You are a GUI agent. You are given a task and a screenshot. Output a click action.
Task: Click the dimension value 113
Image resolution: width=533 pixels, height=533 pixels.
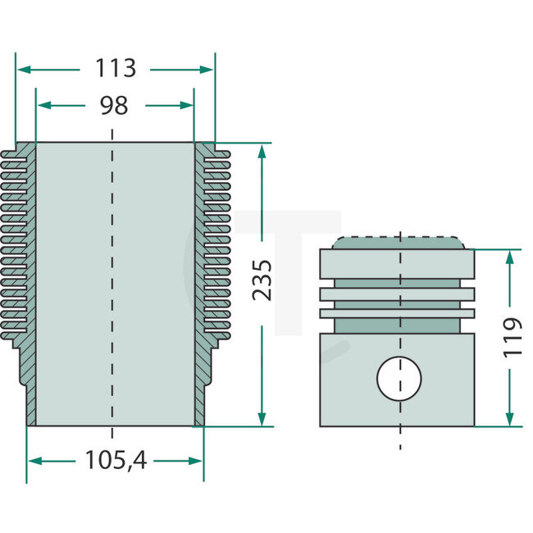pos(115,69)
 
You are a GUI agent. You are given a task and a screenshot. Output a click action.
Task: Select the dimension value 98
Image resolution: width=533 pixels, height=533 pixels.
pos(115,105)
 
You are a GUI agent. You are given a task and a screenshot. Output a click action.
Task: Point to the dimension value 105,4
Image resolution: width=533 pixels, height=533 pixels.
pos(115,461)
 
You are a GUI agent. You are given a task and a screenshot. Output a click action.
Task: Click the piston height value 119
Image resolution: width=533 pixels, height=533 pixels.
pos(511,336)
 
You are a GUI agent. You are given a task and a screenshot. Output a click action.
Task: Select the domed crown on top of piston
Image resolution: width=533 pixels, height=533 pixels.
pos(399,242)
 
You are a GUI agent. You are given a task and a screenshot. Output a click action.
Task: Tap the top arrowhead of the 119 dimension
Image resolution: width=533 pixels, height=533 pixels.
pos(511,257)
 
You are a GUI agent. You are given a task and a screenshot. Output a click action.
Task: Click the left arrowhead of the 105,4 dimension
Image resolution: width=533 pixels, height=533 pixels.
pos(34,461)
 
